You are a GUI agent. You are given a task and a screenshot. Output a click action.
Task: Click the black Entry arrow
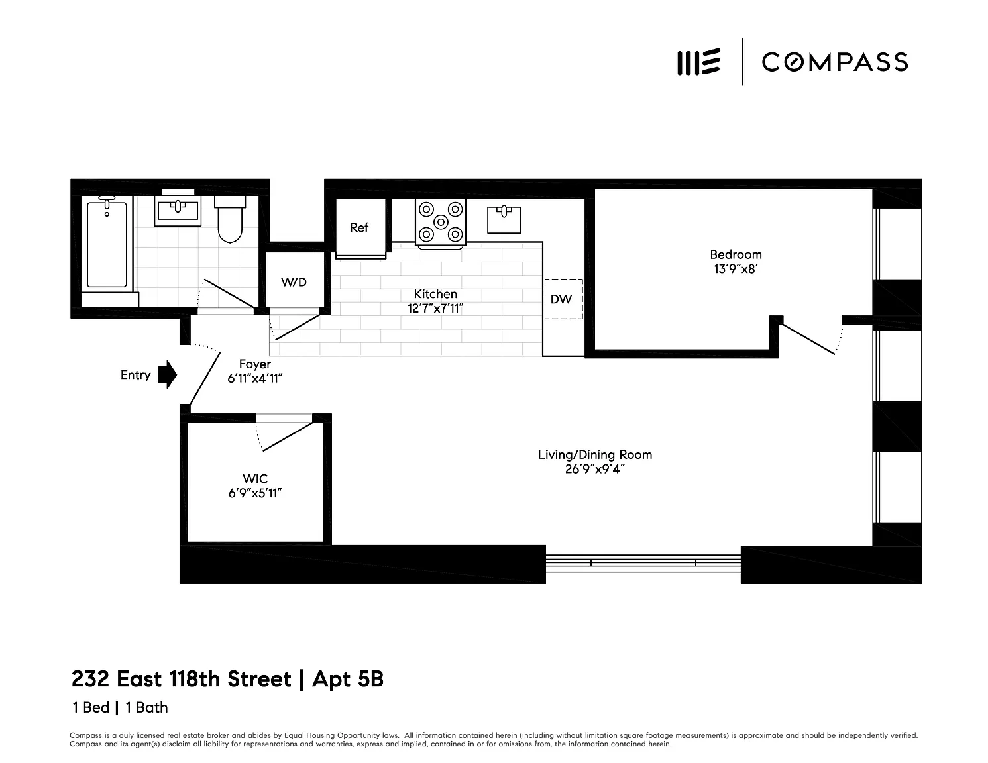click(x=168, y=374)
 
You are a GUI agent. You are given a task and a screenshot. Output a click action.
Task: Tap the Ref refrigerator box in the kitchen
click(x=360, y=228)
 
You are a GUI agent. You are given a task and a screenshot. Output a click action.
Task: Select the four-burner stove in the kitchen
click(x=441, y=223)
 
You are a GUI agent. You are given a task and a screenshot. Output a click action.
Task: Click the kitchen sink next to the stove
click(x=504, y=219)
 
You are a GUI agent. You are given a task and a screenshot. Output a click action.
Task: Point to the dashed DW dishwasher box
click(x=563, y=299)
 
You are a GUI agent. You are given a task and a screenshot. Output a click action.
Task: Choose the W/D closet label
click(x=294, y=282)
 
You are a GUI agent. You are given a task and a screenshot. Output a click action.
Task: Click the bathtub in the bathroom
click(x=107, y=243)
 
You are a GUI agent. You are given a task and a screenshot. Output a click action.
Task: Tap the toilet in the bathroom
click(x=230, y=219)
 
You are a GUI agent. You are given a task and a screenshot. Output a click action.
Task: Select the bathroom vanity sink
click(x=178, y=211)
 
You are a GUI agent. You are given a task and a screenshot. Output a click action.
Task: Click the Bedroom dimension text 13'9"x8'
click(x=736, y=269)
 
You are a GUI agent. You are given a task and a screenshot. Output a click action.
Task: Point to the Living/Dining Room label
click(x=594, y=454)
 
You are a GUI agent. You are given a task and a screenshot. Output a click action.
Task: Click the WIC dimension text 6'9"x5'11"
click(x=255, y=493)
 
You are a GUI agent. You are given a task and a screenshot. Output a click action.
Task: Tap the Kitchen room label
click(x=435, y=294)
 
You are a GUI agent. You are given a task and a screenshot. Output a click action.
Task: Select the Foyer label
click(x=254, y=364)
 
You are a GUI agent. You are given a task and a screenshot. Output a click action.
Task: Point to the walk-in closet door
click(x=288, y=436)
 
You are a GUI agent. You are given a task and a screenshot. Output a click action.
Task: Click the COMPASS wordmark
click(x=835, y=62)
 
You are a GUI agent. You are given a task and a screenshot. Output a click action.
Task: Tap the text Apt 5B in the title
click(x=348, y=679)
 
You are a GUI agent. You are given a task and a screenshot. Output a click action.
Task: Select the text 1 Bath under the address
click(x=146, y=707)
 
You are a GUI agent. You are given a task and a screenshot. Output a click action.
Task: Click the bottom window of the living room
click(x=643, y=562)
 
